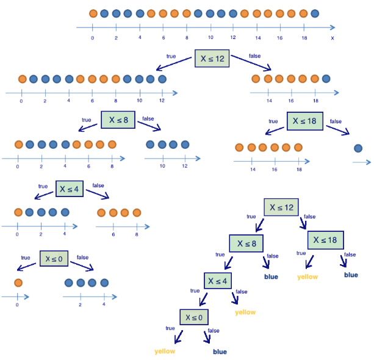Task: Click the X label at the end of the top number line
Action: (x=333, y=38)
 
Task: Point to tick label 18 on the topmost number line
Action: (x=304, y=38)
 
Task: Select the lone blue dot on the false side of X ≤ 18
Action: (x=358, y=148)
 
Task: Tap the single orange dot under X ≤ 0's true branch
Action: (x=18, y=283)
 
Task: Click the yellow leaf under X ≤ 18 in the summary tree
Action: (x=307, y=276)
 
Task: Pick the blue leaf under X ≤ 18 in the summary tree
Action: (x=351, y=275)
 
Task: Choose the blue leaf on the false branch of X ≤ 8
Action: (x=271, y=276)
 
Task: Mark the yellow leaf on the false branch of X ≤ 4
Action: (x=245, y=312)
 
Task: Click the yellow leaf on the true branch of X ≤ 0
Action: (x=165, y=351)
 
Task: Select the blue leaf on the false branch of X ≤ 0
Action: (x=220, y=351)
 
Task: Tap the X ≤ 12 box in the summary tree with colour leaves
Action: (x=281, y=207)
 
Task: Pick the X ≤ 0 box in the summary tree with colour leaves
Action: (x=195, y=317)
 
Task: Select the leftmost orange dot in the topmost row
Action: (x=93, y=13)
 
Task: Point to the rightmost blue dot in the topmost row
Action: (x=314, y=13)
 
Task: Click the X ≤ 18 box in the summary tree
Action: (x=326, y=240)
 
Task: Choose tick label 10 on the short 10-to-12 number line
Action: (x=162, y=166)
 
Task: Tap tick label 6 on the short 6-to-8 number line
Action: (x=113, y=234)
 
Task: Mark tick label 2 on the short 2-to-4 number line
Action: (x=81, y=304)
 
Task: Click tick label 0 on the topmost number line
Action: (x=92, y=38)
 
